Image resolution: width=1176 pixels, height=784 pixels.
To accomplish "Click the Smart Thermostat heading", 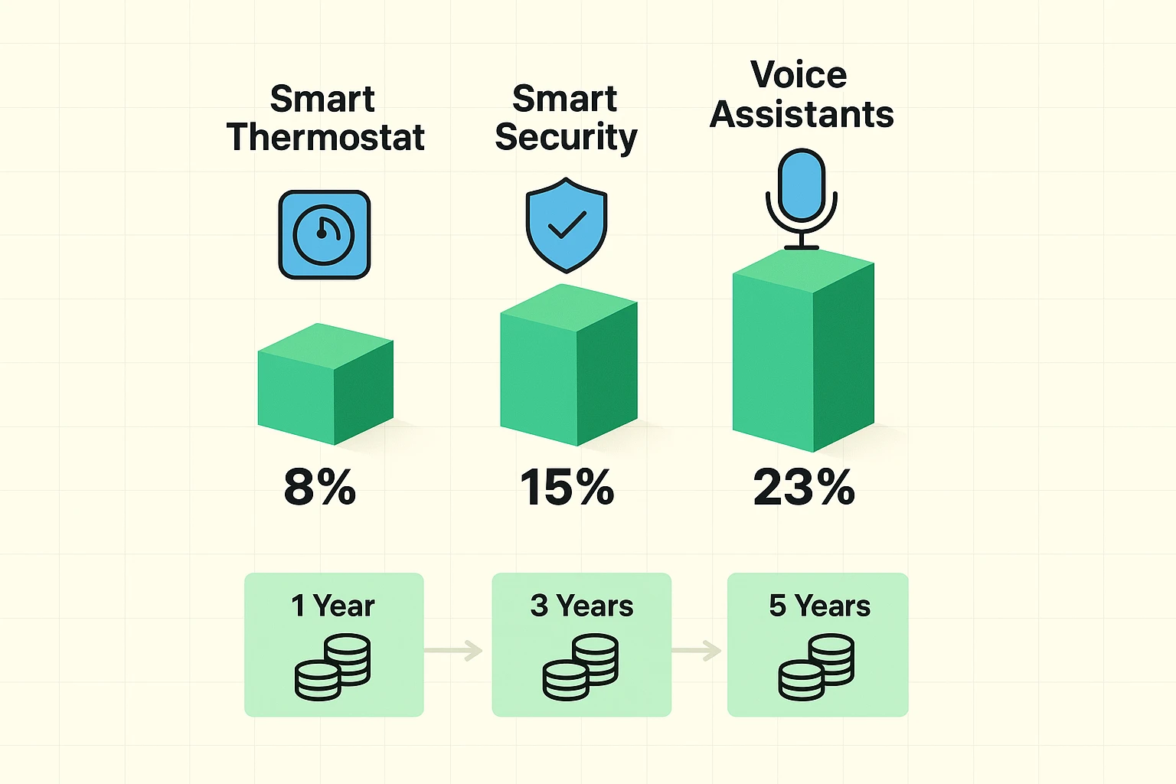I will click(325, 119).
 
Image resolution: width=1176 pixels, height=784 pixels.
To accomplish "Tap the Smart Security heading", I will click(566, 119).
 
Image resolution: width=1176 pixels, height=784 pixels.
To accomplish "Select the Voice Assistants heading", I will click(801, 94).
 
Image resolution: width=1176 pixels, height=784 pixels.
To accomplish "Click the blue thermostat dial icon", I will click(324, 234).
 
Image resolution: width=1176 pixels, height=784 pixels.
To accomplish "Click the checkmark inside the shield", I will click(567, 225).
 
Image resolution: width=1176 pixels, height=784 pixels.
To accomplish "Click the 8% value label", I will click(320, 488).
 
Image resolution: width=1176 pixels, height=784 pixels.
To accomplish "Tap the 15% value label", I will click(567, 488).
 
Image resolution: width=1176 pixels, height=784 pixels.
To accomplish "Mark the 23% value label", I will click(803, 488).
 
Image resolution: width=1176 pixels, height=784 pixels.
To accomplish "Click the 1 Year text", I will click(332, 606).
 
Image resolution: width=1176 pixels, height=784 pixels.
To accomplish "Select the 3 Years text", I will click(581, 606).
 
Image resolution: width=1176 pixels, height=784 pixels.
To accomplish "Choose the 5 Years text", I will click(819, 606).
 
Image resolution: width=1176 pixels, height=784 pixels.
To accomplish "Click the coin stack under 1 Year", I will click(333, 667).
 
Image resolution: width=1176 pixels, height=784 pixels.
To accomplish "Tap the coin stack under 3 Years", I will click(580, 667).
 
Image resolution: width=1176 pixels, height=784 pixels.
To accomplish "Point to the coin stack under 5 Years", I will click(816, 667).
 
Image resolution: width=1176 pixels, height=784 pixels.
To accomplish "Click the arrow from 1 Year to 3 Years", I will click(454, 651).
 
